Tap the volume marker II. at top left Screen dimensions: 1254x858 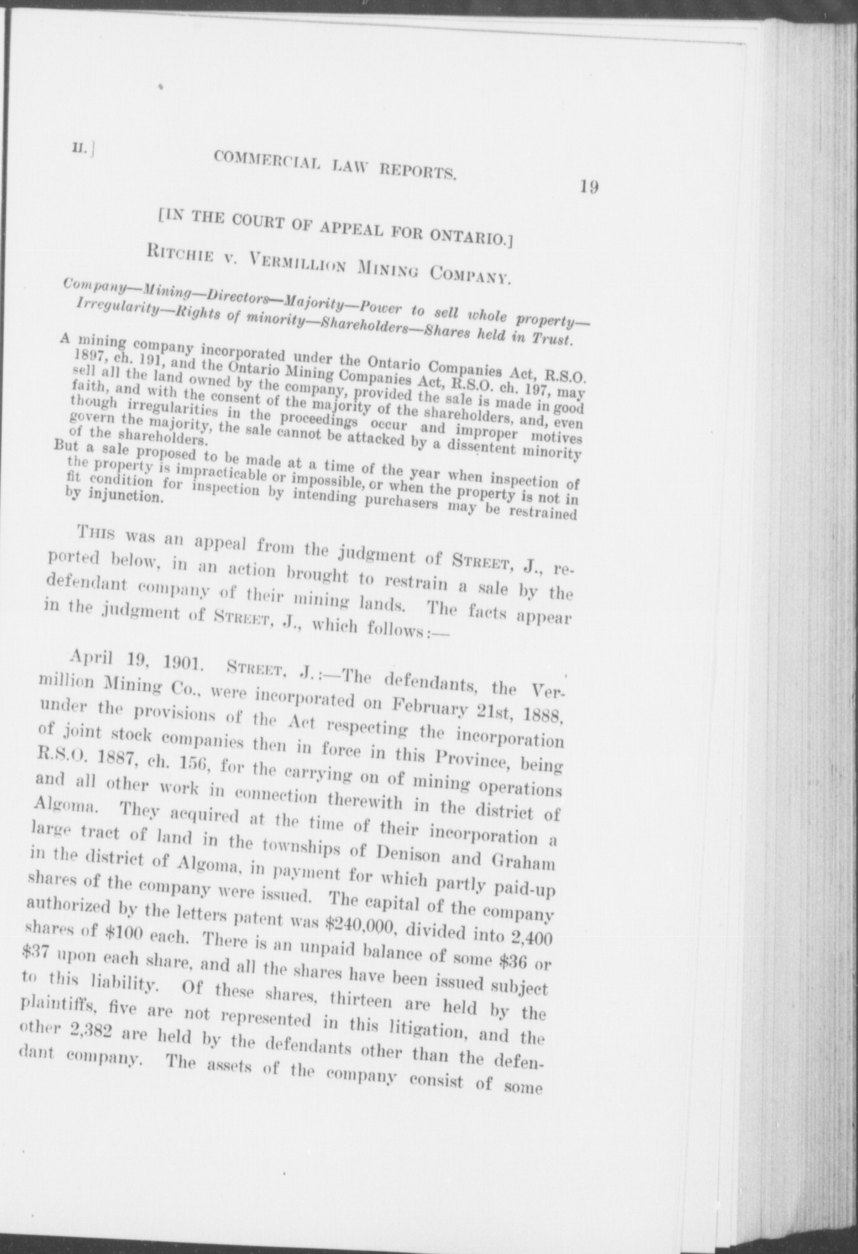click(x=80, y=148)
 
